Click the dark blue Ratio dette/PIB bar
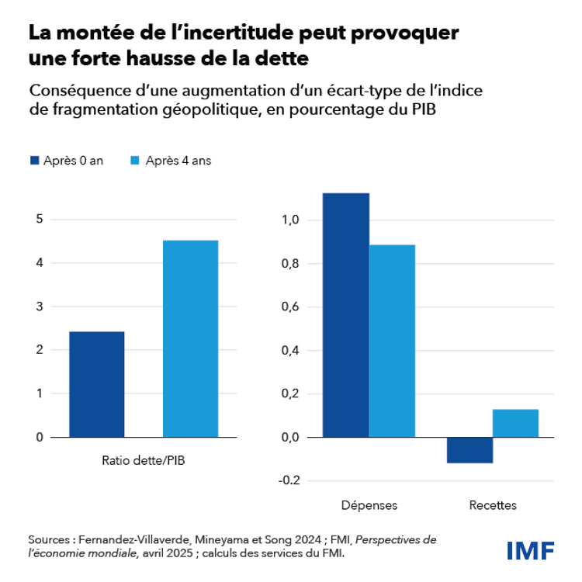(x=96, y=384)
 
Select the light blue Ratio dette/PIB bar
(x=190, y=338)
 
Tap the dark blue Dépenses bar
(x=345, y=314)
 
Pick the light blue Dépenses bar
(x=392, y=341)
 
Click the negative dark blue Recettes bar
(x=469, y=450)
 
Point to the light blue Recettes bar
(x=515, y=423)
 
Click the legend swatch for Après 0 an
(x=34, y=161)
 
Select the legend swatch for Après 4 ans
(x=133, y=161)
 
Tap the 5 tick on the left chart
(x=39, y=220)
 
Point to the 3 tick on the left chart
(x=39, y=307)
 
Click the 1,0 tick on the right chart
(x=290, y=220)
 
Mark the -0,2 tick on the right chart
(x=289, y=480)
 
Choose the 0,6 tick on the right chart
(x=290, y=307)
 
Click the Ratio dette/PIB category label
(x=144, y=460)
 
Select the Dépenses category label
(x=369, y=505)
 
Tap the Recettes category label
(x=493, y=505)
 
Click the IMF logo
(x=530, y=550)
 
